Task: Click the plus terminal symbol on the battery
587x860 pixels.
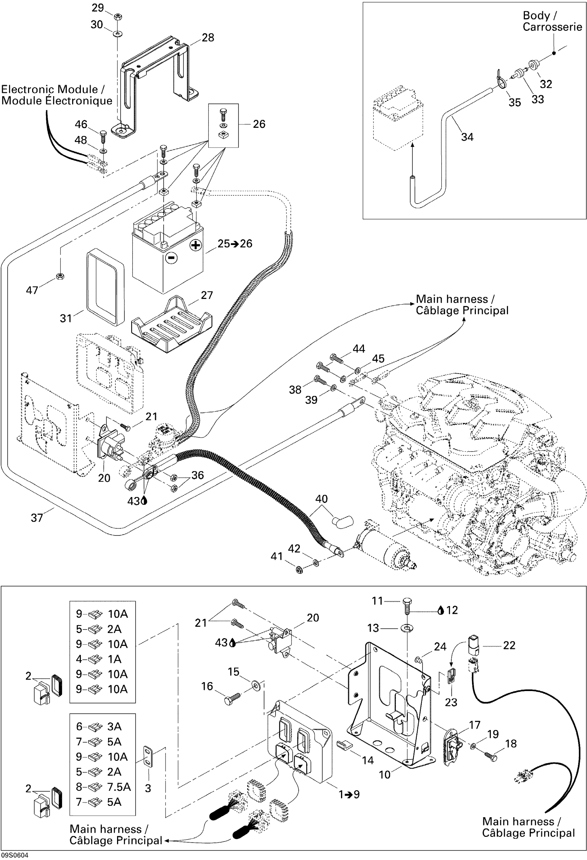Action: point(196,245)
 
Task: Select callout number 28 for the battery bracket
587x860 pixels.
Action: point(208,37)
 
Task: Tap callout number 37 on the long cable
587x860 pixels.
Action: point(37,518)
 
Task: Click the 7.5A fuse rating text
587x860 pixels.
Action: point(119,787)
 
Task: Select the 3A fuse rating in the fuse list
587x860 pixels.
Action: point(114,727)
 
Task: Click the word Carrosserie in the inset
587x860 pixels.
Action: point(552,27)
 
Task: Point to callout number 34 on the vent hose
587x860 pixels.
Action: point(467,137)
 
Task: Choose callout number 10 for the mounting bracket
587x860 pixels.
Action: point(385,775)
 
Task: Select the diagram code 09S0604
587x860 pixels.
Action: point(15,856)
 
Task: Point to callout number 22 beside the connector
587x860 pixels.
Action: point(509,646)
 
